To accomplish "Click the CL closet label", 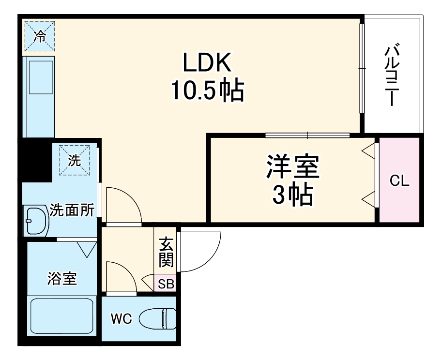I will [x=400, y=181].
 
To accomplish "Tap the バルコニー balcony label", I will [x=393, y=75].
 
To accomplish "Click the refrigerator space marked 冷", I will [x=40, y=35].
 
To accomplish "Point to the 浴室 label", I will [x=61, y=279].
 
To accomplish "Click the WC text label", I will [x=121, y=319].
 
